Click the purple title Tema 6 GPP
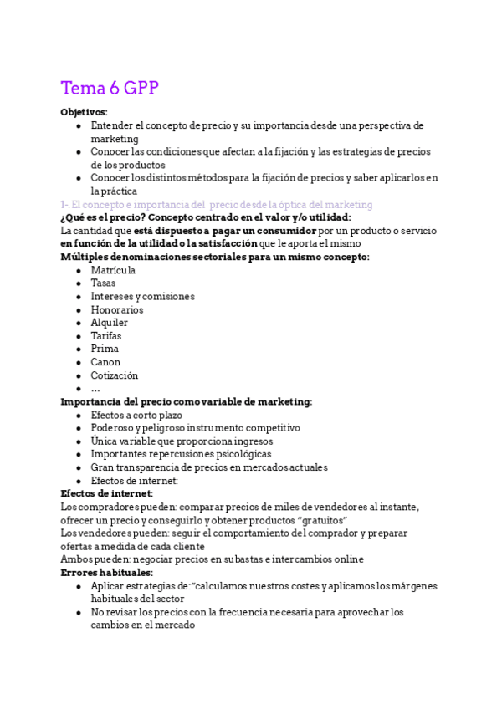(x=110, y=89)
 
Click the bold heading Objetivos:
(x=84, y=112)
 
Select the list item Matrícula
(x=113, y=270)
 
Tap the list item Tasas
(x=104, y=283)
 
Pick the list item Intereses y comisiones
(x=142, y=297)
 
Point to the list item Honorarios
(x=117, y=310)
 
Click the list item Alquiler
(x=110, y=323)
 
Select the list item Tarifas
(x=106, y=336)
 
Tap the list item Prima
(x=105, y=349)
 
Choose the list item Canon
(x=105, y=362)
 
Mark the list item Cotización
(x=115, y=375)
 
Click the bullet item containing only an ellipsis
(x=95, y=389)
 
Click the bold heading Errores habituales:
(x=106, y=573)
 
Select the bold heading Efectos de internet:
(x=106, y=493)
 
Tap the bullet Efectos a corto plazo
(x=136, y=415)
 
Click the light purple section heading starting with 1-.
(x=216, y=205)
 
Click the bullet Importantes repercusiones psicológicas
(x=181, y=454)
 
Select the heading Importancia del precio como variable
(x=186, y=401)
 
